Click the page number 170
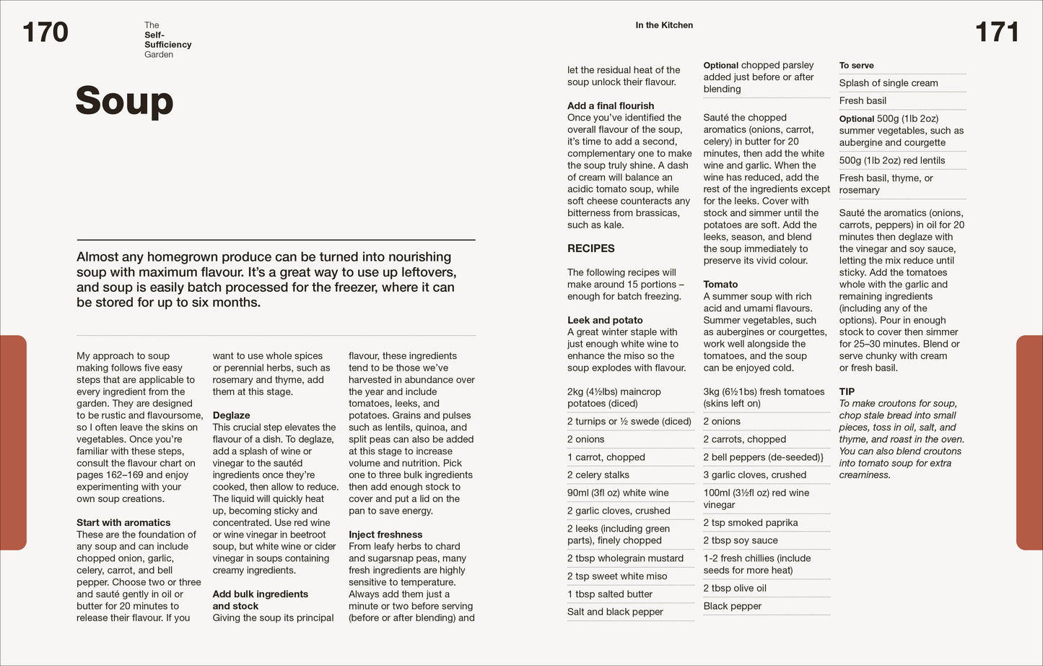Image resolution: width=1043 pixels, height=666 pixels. click(x=45, y=33)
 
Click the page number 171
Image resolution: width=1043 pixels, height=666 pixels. click(x=997, y=33)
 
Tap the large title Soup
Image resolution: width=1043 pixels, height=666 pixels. click(x=124, y=101)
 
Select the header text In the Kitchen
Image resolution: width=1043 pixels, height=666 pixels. click(x=664, y=25)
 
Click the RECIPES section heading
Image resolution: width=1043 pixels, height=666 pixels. click(x=591, y=248)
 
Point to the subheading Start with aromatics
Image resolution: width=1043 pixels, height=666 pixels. click(x=123, y=522)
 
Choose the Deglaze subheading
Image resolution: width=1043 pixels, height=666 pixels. click(x=231, y=415)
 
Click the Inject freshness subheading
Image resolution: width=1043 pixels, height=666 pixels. click(x=385, y=535)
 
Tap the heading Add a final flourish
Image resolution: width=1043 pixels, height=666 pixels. click(x=611, y=105)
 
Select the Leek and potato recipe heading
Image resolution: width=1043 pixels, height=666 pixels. click(x=605, y=320)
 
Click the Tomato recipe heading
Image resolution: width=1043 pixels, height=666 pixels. click(x=720, y=285)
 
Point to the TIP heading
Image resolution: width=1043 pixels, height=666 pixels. click(x=847, y=392)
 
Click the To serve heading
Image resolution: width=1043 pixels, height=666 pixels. click(x=856, y=66)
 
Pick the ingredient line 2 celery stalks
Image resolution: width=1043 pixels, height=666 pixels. click(x=598, y=475)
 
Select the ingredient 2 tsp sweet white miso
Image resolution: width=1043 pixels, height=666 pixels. click(x=617, y=576)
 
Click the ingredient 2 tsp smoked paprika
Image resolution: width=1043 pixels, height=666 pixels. click(x=751, y=522)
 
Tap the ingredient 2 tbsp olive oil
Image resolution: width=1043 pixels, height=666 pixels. click(x=735, y=588)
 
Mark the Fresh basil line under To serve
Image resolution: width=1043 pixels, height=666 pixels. click(x=863, y=100)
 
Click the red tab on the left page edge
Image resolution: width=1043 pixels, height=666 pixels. click(x=13, y=442)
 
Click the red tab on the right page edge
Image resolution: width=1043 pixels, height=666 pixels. click(x=1029, y=442)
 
